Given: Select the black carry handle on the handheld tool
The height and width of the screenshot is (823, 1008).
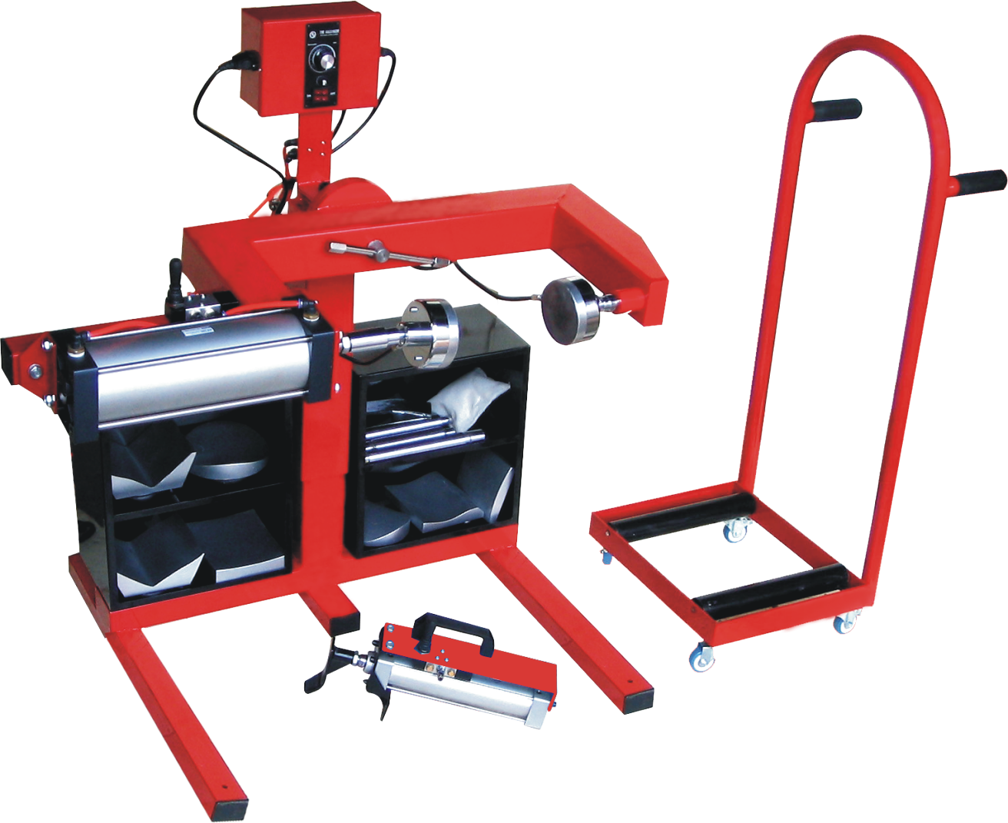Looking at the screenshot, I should point(454,632).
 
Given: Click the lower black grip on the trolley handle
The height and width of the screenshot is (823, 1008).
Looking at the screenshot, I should point(980,183).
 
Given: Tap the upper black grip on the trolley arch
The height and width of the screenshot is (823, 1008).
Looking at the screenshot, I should point(837,110).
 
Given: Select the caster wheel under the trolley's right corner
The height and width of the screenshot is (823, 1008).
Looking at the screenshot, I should point(845,621).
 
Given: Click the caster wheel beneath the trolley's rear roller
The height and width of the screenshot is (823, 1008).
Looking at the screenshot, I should point(736,529).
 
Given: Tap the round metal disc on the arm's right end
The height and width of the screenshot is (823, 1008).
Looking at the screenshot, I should point(570,310).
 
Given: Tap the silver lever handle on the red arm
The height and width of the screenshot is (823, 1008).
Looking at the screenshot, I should point(384,254).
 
